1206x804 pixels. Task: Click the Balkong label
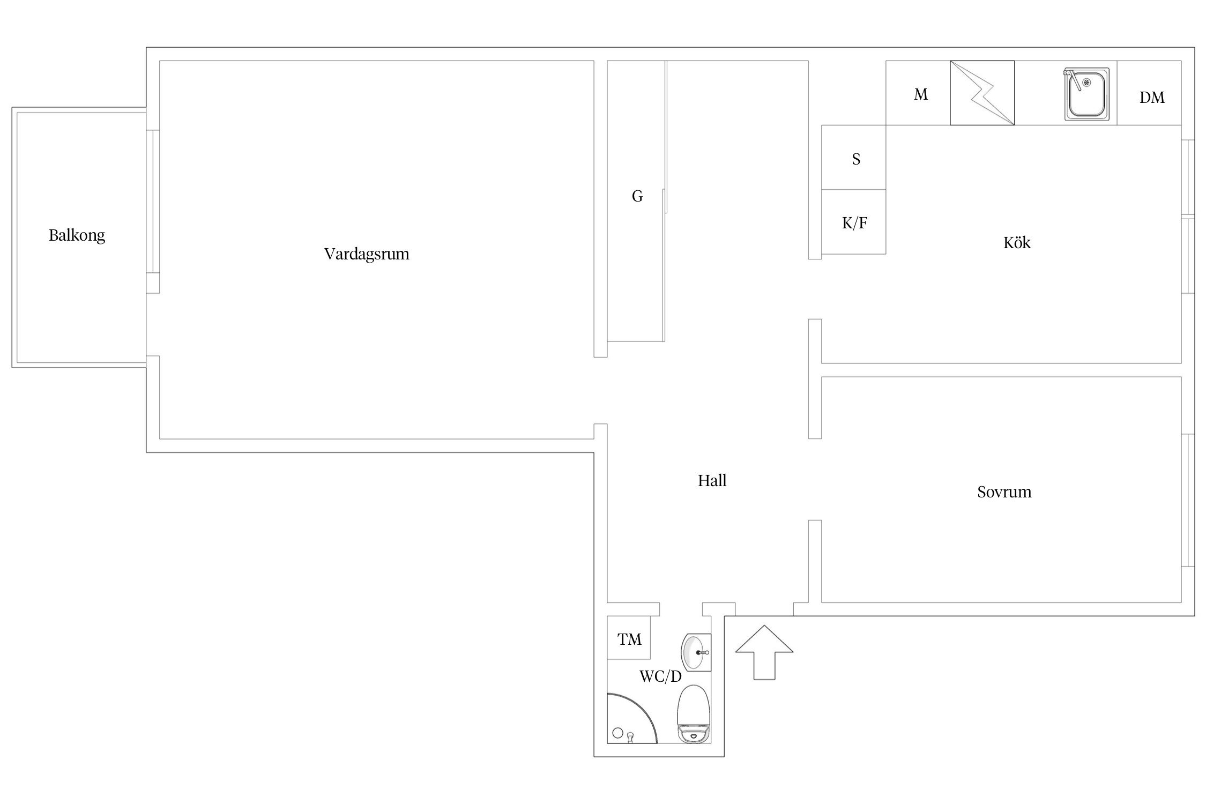tap(77, 235)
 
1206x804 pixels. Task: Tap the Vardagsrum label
tap(367, 254)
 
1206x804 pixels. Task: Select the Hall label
tap(712, 480)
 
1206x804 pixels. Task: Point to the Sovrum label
tap(1004, 492)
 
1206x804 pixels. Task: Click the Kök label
tap(1017, 242)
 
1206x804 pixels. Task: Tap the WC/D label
tap(660, 676)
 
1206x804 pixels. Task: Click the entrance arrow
tap(764, 652)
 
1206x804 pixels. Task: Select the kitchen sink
tap(1086, 94)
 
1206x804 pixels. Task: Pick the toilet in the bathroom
tap(694, 713)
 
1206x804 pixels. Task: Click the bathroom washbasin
tap(696, 652)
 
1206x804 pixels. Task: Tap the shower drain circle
tap(618, 733)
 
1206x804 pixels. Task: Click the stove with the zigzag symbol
tap(982, 93)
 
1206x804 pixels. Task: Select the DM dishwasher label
tap(1152, 98)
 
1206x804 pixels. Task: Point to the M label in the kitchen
tap(921, 94)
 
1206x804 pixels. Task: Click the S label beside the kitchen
tap(856, 159)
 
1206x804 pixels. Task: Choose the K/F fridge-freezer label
tap(854, 223)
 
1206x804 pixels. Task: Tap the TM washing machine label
tap(629, 639)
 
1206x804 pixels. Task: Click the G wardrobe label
tap(637, 196)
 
